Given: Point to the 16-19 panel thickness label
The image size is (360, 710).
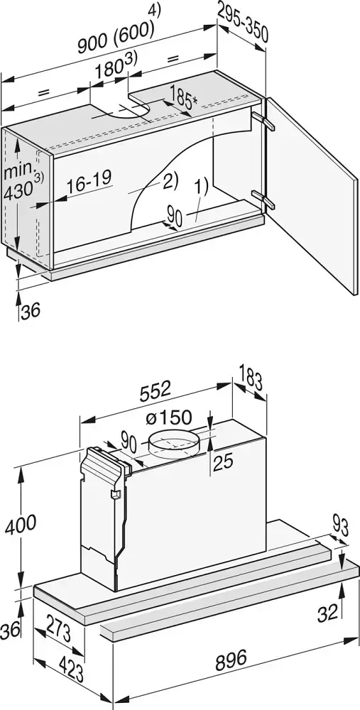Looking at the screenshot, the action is pyautogui.click(x=89, y=180).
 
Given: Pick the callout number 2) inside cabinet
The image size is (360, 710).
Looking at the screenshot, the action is pyautogui.click(x=170, y=181).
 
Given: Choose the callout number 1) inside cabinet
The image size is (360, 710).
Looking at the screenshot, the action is pyautogui.click(x=201, y=187).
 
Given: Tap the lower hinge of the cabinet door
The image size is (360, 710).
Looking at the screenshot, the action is pyautogui.click(x=264, y=200).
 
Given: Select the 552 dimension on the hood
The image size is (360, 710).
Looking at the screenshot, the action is pyautogui.click(x=155, y=391).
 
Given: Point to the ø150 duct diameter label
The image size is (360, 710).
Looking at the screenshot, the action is pyautogui.click(x=169, y=417).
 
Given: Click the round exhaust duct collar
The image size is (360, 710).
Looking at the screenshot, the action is pyautogui.click(x=174, y=443).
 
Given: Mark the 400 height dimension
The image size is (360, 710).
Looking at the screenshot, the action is pyautogui.click(x=21, y=523).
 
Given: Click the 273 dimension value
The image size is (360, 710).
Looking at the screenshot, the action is pyautogui.click(x=58, y=627).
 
